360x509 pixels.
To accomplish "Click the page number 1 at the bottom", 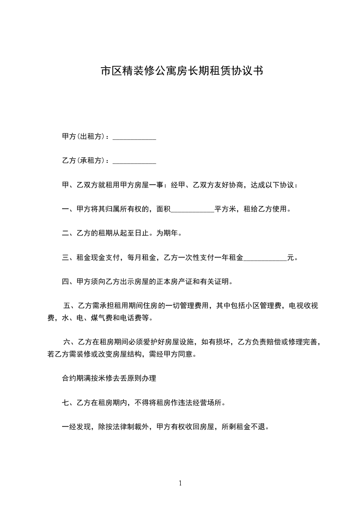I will (x=180, y=484).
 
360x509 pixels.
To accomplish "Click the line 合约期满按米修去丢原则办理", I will (x=109, y=378).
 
